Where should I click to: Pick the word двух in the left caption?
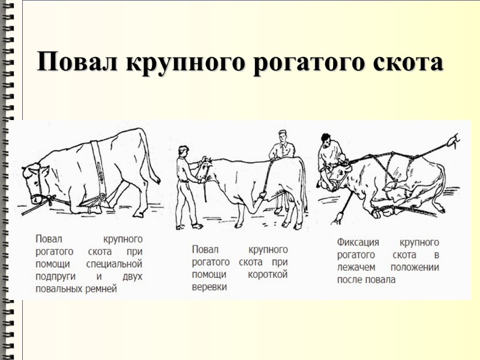pyautogui.click(x=131, y=277)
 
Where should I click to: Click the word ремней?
pyautogui.click(x=100, y=289)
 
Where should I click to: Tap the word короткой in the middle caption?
pyautogui.click(x=269, y=274)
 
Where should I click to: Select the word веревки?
pyautogui.click(x=209, y=287)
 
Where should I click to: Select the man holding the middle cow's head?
pyautogui.click(x=187, y=186)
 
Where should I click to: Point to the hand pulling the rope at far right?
pyautogui.click(x=455, y=142)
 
